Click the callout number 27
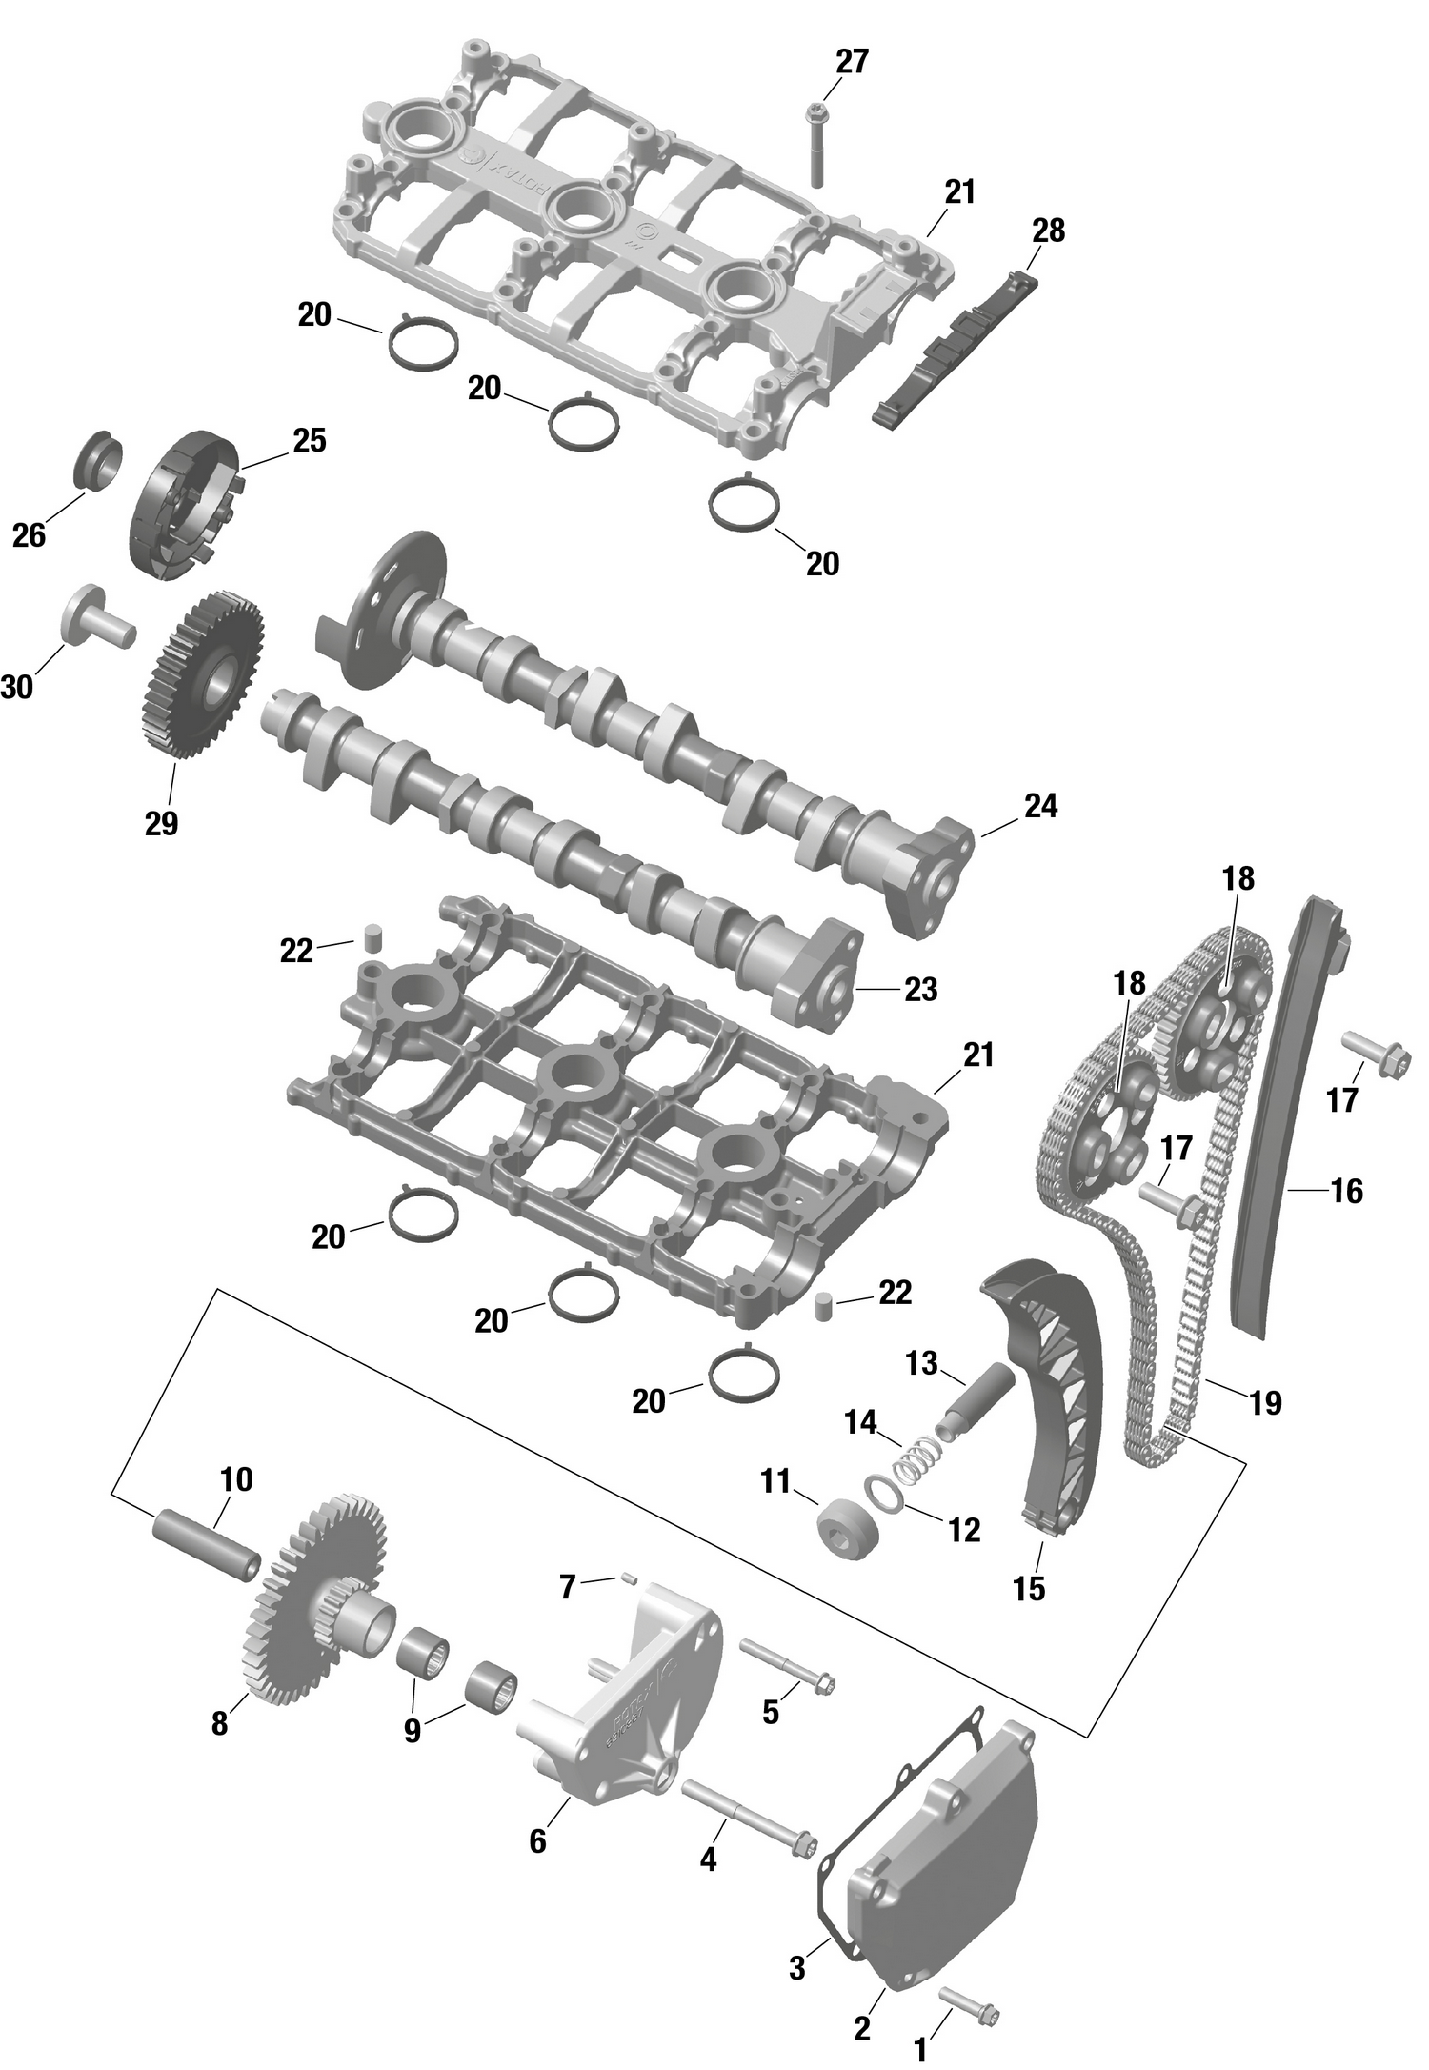pyautogui.click(x=852, y=62)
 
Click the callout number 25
pyautogui.click(x=309, y=440)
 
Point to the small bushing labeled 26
pyautogui.click(x=97, y=461)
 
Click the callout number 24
pyautogui.click(x=1040, y=806)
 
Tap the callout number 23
pyautogui.click(x=920, y=990)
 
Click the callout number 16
pyautogui.click(x=1346, y=1191)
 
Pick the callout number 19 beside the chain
pyautogui.click(x=1265, y=1402)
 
